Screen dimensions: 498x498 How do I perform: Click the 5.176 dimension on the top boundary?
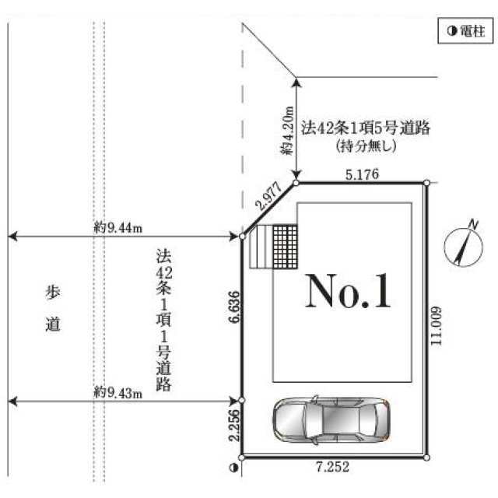pyautogui.click(x=362, y=174)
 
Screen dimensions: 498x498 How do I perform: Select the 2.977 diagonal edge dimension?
pyautogui.click(x=270, y=197)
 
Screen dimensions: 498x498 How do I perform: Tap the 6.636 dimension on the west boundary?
pyautogui.click(x=235, y=307)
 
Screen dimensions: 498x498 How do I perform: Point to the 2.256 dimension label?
pyautogui.click(x=235, y=425)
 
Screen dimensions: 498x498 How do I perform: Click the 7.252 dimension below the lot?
pyautogui.click(x=332, y=467)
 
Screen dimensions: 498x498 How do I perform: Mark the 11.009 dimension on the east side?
pyautogui.click(x=436, y=326)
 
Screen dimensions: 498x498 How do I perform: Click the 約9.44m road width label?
pyautogui.click(x=118, y=228)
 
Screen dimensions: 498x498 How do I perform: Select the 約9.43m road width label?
pyautogui.click(x=118, y=393)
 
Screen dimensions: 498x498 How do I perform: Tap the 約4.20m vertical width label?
pyautogui.click(x=287, y=131)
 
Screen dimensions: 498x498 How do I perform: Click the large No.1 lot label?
pyautogui.click(x=348, y=290)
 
